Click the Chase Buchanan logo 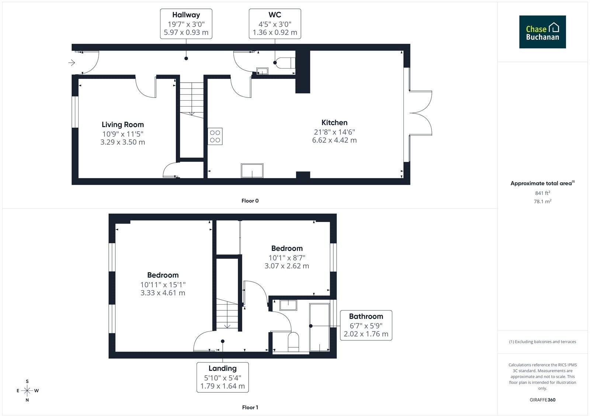point(542,32)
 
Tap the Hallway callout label point(186,24)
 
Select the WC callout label point(275,24)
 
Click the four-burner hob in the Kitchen point(215,136)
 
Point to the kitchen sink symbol point(252,171)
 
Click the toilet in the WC point(285,63)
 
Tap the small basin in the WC point(262,71)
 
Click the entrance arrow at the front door point(72,63)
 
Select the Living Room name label point(123,125)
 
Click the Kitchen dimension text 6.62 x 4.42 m point(334,140)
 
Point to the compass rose point(27,390)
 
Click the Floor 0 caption point(250,201)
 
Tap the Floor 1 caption point(250,407)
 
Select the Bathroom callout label point(366,325)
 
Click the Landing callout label point(223,377)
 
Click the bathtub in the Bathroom point(319,327)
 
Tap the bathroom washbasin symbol point(288,305)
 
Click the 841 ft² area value point(542,193)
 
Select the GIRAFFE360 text point(542,400)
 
